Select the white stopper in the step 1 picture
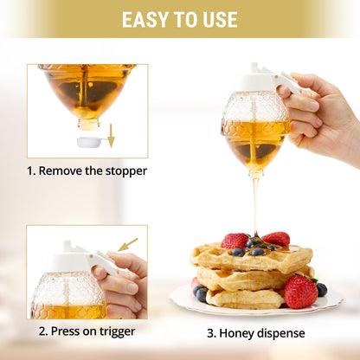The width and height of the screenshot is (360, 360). click(x=90, y=141)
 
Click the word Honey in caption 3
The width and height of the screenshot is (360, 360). click(x=244, y=332)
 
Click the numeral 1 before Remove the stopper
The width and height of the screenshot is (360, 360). click(x=32, y=170)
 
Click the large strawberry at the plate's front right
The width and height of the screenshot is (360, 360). click(x=300, y=292)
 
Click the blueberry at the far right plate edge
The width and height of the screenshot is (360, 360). click(x=321, y=289)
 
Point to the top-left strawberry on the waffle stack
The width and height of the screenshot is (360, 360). click(x=234, y=241)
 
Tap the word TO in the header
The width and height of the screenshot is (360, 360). click(x=183, y=19)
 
